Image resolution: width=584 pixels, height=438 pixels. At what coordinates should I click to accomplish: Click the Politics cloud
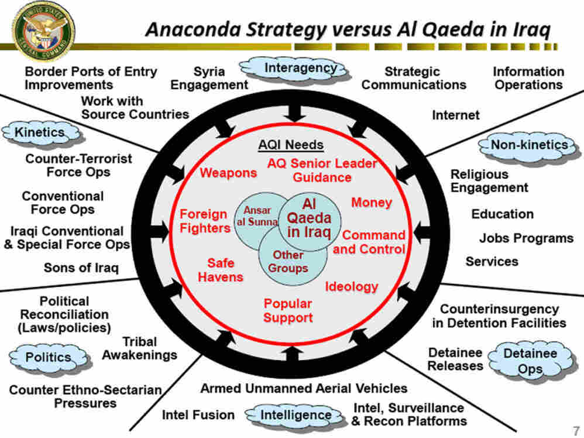point(49,358)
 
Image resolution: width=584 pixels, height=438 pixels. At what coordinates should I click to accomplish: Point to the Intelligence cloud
point(295,416)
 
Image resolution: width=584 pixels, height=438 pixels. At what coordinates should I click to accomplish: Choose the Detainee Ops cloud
point(530,361)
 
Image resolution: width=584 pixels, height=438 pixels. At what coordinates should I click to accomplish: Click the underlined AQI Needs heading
point(291,145)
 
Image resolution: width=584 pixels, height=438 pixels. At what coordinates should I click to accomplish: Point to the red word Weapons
point(228,173)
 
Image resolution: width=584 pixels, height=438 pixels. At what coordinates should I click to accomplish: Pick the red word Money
point(372,203)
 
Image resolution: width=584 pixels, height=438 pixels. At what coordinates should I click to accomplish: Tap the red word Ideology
point(352,287)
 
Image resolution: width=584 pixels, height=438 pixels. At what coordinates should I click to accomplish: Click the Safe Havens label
point(221,270)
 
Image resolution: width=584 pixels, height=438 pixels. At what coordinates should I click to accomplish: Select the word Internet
point(455,115)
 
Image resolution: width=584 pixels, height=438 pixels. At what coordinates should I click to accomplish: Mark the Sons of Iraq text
point(81,268)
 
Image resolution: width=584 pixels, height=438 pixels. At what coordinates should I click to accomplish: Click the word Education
point(503,214)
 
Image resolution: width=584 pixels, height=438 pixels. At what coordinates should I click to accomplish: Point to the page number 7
point(576,430)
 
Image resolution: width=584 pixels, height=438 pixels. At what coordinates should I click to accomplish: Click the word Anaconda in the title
point(193,29)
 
